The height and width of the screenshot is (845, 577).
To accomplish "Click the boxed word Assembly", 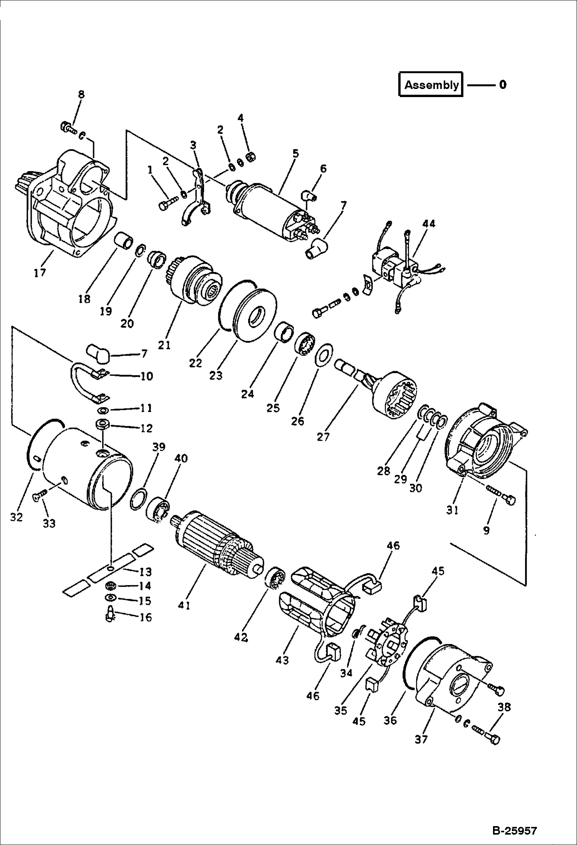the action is pos(431,85).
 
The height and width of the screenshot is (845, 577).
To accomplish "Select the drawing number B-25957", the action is pos(514,828).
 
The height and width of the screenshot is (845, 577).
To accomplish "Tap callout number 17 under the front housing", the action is pos(40,273).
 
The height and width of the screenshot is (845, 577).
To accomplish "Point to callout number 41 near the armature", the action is pos(184,605).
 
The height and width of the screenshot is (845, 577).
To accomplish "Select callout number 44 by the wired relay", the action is pos(428,223).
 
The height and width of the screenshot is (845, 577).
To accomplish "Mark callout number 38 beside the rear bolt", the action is pos(504,707).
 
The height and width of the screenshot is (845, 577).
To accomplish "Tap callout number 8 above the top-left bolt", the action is pos(81,94).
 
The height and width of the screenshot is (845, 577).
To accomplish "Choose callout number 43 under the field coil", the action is pos(282,660).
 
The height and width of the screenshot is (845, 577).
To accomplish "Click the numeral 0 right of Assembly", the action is pos(503,84).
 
